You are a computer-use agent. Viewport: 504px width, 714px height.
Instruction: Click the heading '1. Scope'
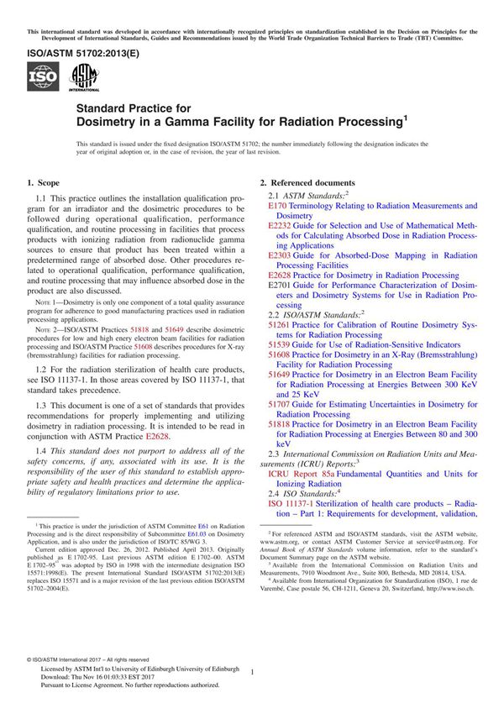[x=43, y=183]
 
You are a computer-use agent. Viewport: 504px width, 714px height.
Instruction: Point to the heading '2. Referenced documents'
[x=307, y=183]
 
